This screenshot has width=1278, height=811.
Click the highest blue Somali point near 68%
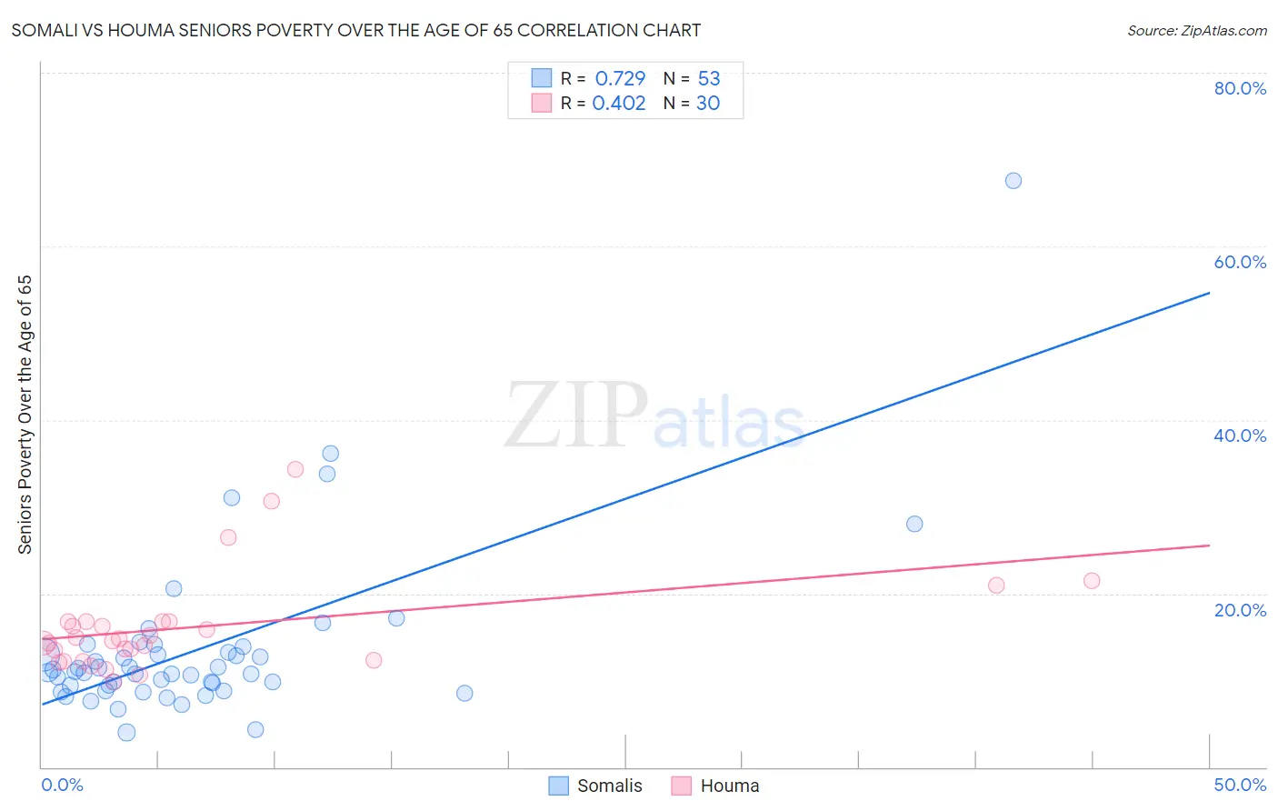1013,181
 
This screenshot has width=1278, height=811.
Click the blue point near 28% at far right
914,524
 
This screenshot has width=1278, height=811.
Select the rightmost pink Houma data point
1092,581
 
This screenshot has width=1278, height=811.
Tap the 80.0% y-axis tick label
1240,88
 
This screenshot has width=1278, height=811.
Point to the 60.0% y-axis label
1240,262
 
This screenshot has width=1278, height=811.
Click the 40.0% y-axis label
1240,436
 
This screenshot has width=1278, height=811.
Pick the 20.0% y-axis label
1240,609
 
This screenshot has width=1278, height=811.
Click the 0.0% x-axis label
62,785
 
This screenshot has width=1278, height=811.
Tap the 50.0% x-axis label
1240,785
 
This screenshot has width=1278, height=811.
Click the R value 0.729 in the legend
620,78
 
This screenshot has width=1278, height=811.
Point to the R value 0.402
619,103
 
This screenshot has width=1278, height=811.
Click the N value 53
709,78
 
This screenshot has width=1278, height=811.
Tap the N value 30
708,103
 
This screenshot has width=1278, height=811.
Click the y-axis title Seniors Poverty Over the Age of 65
25,415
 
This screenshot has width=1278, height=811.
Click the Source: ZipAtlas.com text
1196,30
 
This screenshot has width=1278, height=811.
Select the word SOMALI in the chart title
45,30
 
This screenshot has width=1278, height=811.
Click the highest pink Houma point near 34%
295,469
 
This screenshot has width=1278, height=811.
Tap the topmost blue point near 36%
330,454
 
